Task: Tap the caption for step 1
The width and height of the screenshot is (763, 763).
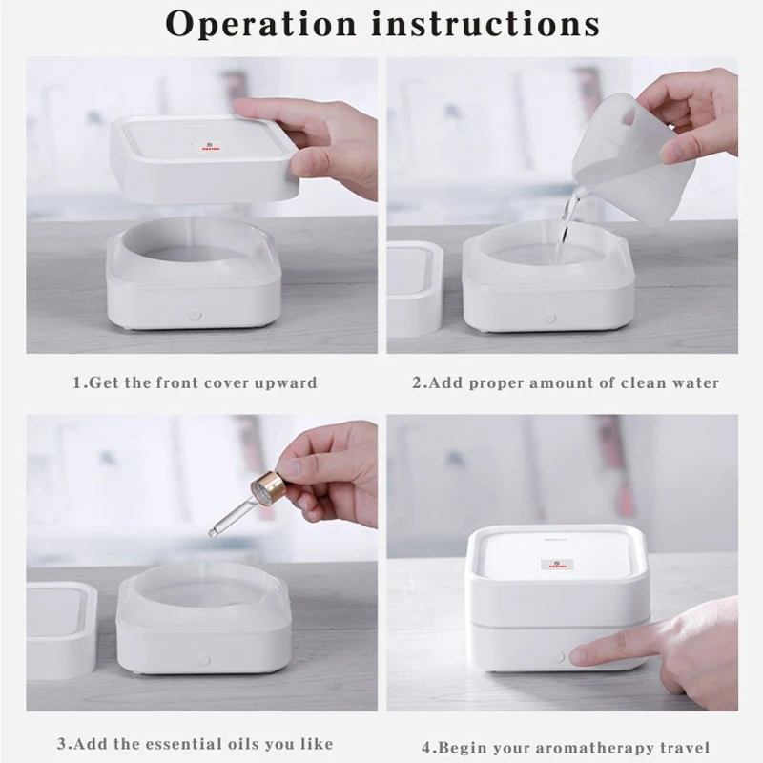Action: point(195,382)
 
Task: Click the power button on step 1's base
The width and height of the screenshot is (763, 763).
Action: point(196,313)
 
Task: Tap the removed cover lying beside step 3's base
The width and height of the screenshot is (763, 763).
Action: point(59,625)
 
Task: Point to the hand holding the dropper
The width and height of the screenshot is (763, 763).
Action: point(334,467)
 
